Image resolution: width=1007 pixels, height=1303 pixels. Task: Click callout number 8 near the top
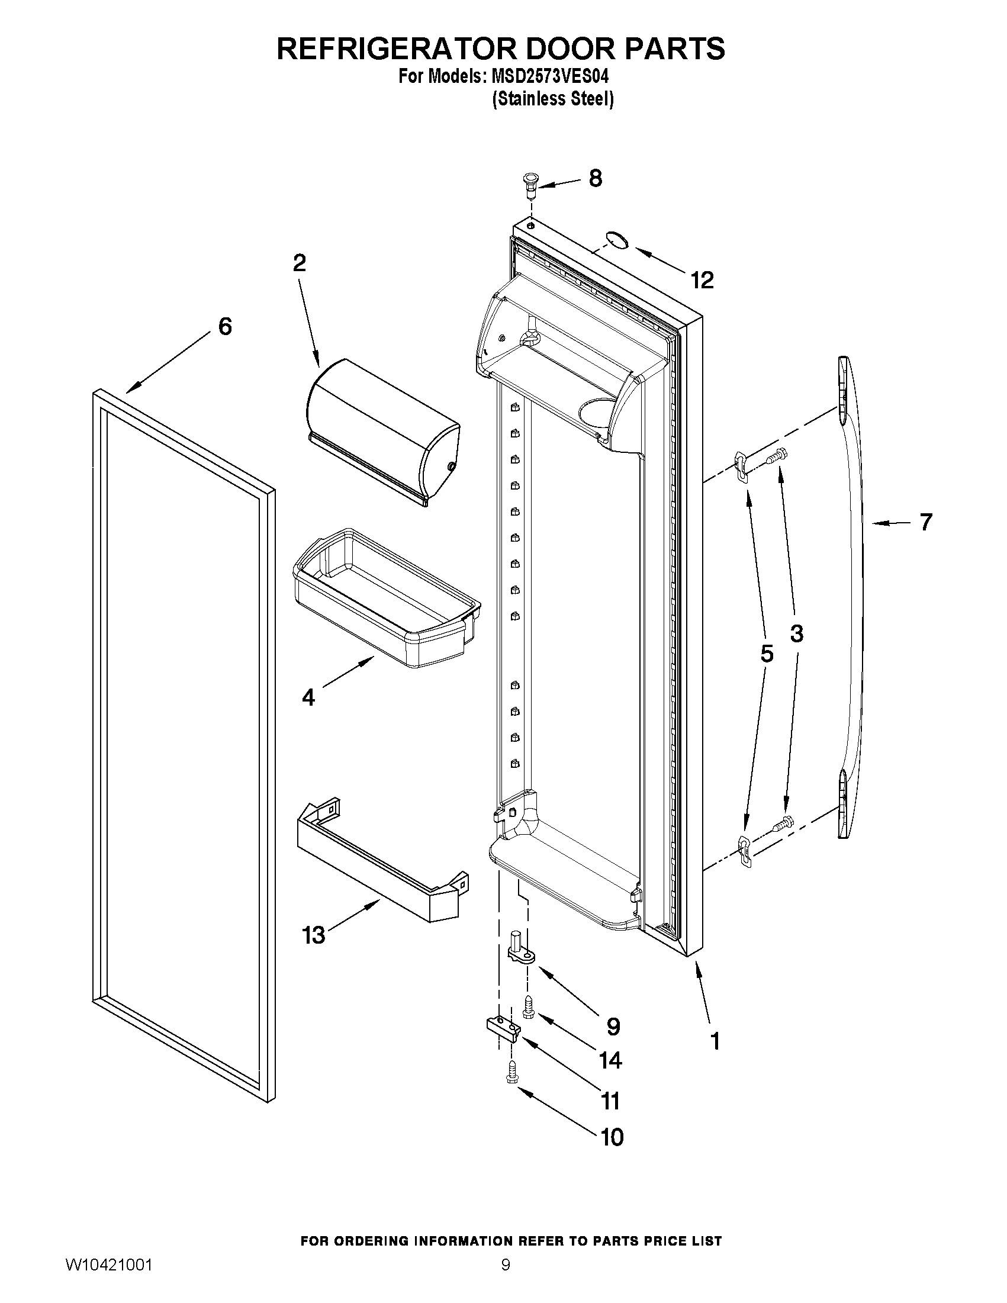tap(595, 178)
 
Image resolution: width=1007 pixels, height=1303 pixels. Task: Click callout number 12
tap(702, 280)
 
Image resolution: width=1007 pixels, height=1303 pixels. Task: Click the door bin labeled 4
tap(387, 597)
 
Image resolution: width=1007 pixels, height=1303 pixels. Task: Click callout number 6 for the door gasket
tap(225, 326)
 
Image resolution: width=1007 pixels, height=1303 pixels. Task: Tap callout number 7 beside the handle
tap(925, 522)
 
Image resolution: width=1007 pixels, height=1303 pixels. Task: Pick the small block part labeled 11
tap(501, 1028)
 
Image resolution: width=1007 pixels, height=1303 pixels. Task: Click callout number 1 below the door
tap(715, 1041)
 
